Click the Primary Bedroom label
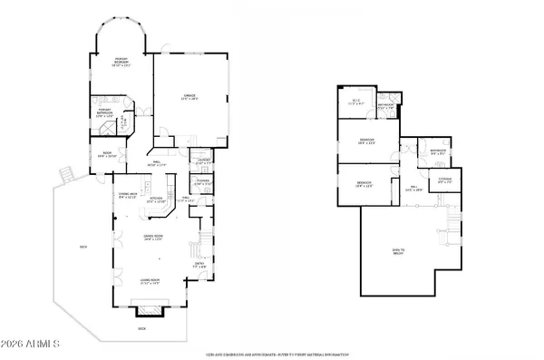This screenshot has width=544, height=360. coord(121,63)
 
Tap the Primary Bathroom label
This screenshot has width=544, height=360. coord(104,114)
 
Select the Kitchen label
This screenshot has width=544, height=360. coord(156,199)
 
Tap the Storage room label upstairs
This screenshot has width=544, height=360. coord(444,180)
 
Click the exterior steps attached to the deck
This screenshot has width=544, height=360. coord(64,173)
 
